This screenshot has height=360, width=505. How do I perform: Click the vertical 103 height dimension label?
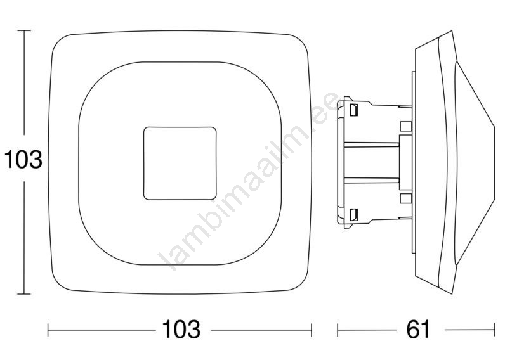coord(23,159)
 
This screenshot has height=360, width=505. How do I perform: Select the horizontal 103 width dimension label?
coord(181,329)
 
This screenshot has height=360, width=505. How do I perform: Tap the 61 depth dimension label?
coord(418,329)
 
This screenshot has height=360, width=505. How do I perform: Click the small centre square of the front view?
coord(180,163)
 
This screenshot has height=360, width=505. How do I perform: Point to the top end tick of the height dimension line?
coord(24,30)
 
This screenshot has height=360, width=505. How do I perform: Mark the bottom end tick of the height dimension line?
coord(24,293)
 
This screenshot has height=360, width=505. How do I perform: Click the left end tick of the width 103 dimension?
coord(48,330)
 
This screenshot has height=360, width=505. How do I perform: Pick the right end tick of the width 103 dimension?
coord(312,330)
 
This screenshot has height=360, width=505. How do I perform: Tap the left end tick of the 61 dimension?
coord(338,330)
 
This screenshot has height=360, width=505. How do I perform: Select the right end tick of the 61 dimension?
coord(495,330)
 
